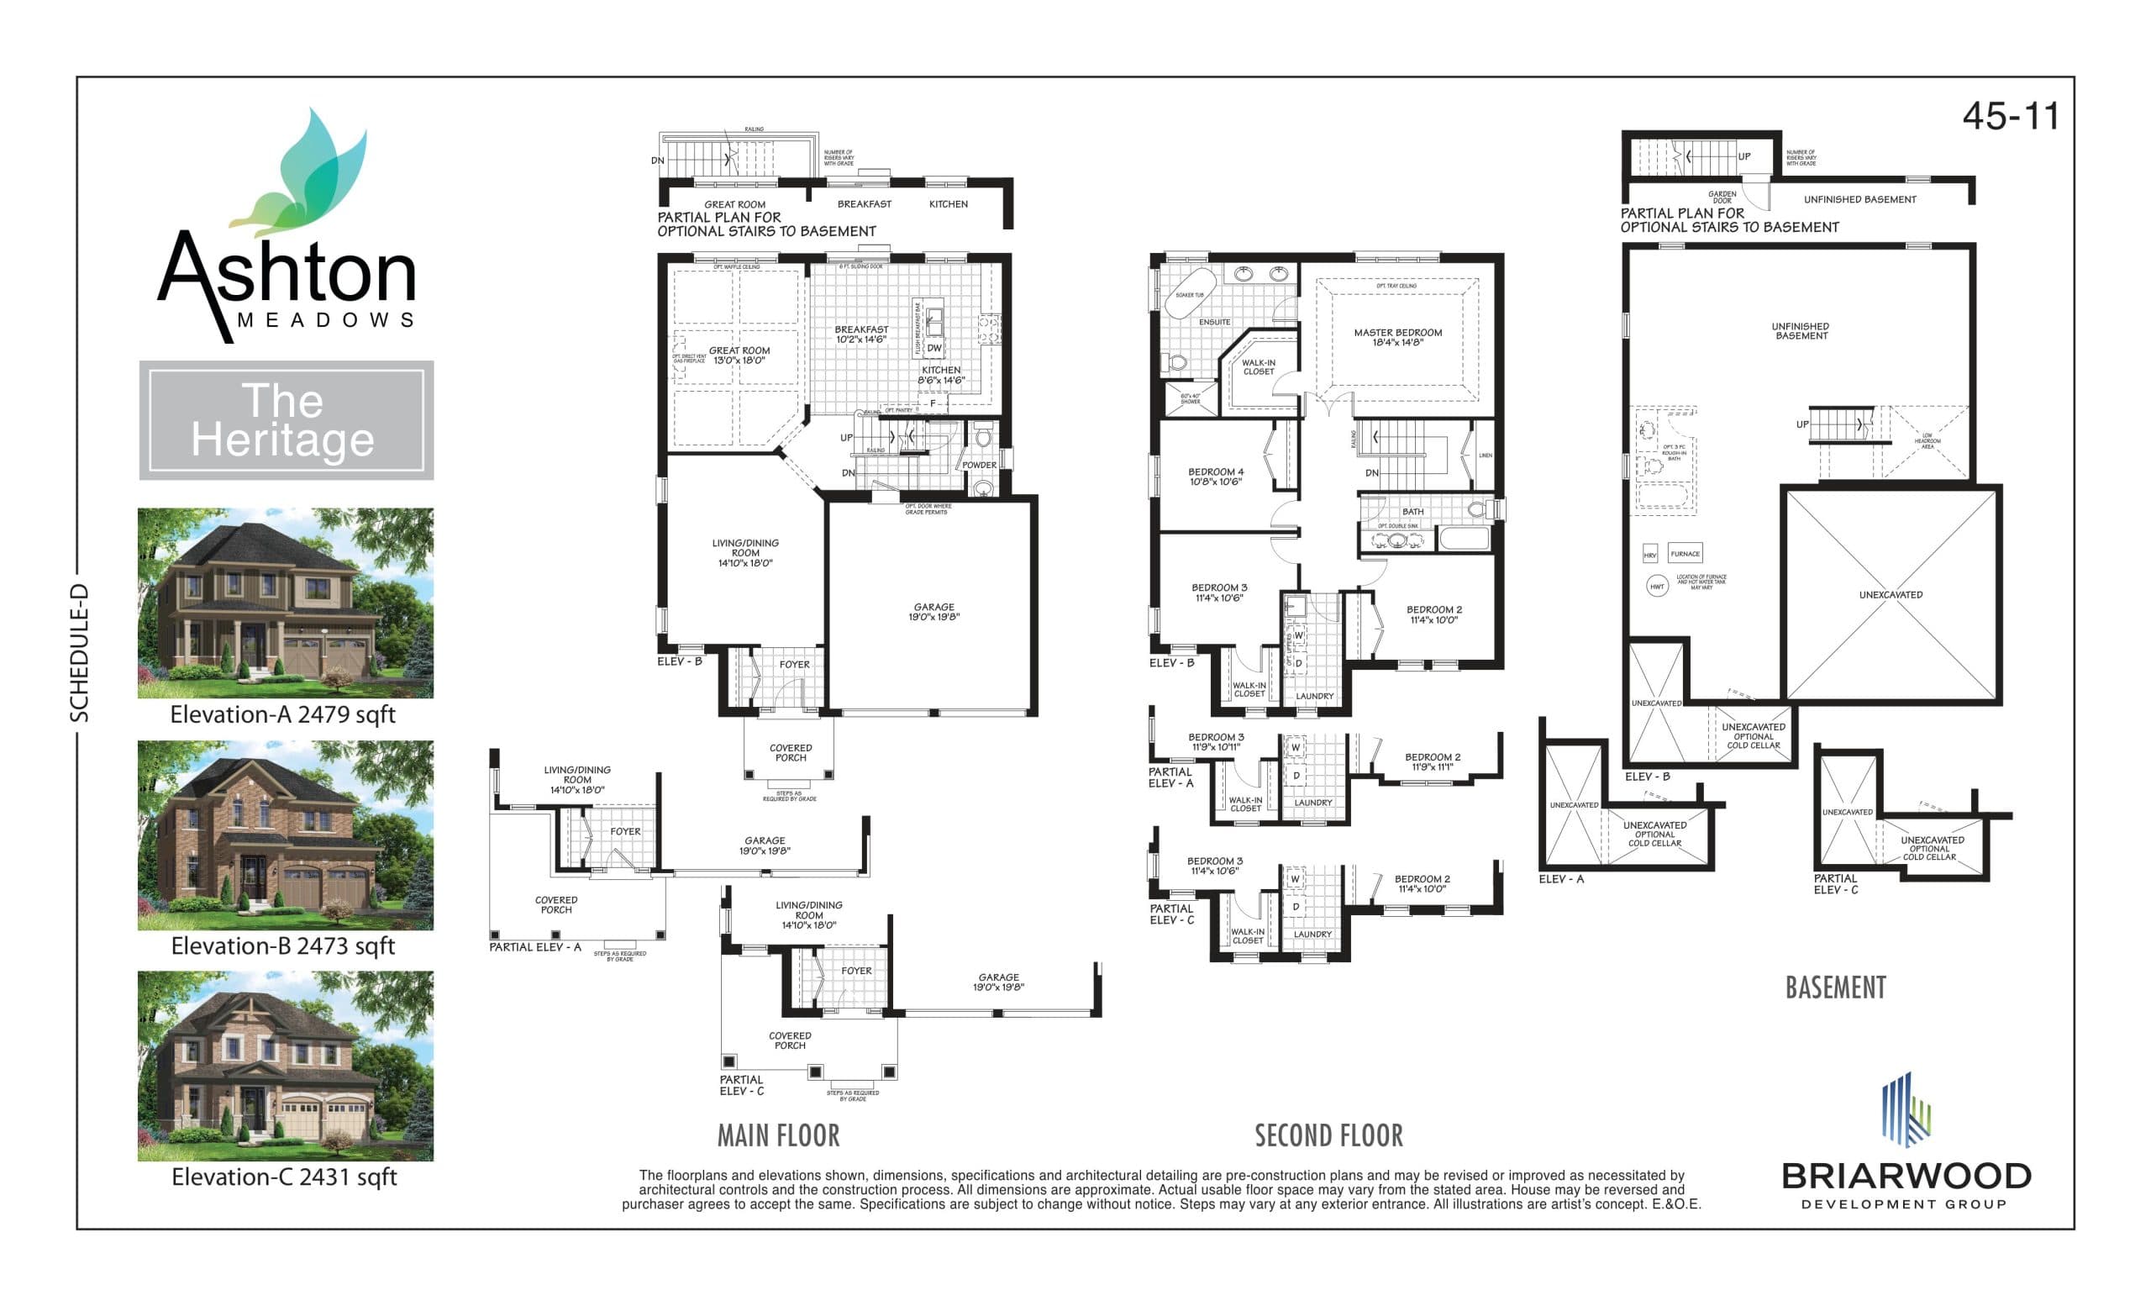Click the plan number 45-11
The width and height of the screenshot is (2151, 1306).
pos(2010,117)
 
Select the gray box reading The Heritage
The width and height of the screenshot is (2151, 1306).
pos(286,420)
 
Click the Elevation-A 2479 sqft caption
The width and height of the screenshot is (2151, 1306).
pos(282,715)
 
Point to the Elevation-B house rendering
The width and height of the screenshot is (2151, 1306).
pos(286,835)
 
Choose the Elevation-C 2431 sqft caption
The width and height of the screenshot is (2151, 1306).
pos(284,1177)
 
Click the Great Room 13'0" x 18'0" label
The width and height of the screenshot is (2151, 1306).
pos(739,355)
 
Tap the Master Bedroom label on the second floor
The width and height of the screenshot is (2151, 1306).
pos(1397,337)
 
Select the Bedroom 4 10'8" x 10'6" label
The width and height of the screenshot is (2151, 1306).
pos(1215,477)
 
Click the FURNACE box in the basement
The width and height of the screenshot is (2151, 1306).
pos(1684,554)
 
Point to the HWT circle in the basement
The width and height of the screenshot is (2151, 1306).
pos(1657,587)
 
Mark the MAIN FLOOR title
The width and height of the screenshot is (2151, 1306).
pos(778,1135)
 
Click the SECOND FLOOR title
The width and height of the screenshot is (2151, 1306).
pos(1328,1135)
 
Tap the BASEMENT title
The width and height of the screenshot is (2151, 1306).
pos(1835,987)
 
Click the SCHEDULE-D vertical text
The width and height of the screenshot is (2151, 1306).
pos(80,653)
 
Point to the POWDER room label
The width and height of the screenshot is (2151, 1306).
pos(979,466)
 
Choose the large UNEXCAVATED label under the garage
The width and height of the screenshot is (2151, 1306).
pos(1890,594)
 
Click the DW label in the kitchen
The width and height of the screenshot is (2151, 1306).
pos(934,347)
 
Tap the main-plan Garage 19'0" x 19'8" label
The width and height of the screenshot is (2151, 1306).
pos(934,612)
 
